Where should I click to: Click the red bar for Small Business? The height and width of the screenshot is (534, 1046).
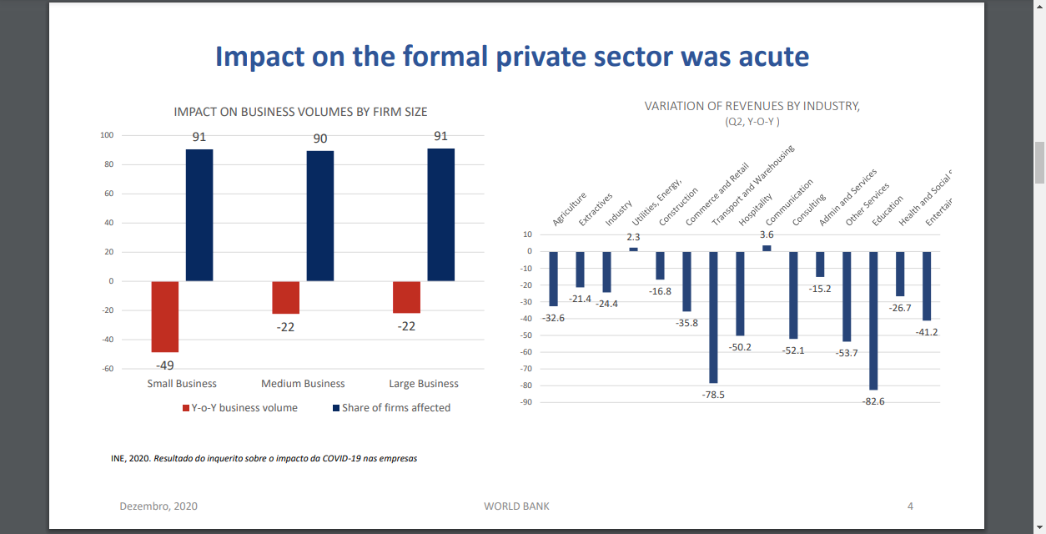(165, 316)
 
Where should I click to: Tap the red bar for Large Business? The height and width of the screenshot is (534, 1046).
(407, 297)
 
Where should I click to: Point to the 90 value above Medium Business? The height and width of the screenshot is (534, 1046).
(320, 139)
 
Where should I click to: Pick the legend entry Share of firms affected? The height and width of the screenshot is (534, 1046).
(396, 408)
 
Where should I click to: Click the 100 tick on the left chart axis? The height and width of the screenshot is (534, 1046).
(107, 135)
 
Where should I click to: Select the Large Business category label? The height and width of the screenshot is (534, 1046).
(424, 384)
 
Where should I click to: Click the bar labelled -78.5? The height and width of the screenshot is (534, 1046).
(713, 317)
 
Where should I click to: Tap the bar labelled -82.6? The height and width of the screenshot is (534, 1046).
(873, 320)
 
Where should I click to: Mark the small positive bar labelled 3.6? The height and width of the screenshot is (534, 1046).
(767, 248)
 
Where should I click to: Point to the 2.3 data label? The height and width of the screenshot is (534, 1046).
(634, 237)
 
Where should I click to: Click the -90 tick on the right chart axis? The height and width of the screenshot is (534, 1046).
(526, 402)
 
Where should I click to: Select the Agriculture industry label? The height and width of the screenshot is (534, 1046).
(570, 209)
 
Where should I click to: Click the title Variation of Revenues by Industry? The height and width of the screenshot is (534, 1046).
(752, 106)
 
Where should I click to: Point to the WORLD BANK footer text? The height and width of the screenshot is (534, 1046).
(516, 506)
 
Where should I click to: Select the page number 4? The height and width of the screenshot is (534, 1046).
(910, 506)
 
